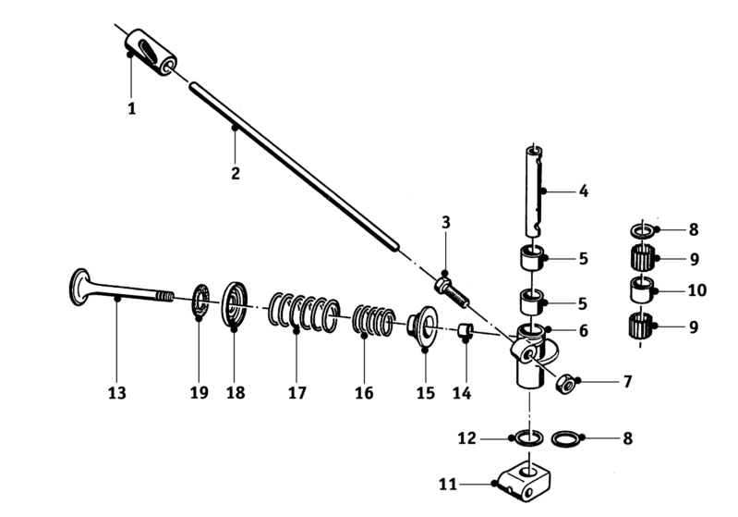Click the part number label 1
131,108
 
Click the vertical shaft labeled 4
534,191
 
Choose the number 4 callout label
583,192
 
